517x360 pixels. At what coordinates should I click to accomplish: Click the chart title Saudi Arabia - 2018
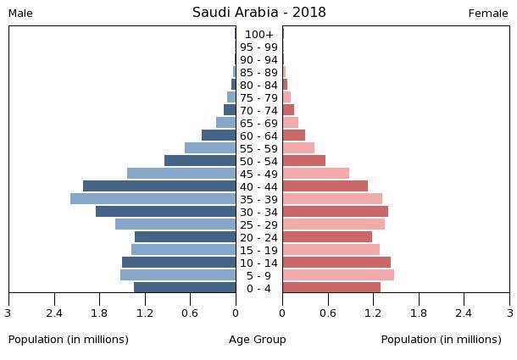point(258,13)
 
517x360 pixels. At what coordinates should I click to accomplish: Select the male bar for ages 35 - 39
point(153,199)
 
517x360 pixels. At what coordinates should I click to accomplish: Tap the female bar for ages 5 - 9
point(338,275)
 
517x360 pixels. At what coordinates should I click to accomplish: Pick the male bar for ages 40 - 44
point(159,186)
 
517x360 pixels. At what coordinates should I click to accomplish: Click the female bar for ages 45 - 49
point(315,174)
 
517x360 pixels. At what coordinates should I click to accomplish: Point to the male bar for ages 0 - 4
point(185,288)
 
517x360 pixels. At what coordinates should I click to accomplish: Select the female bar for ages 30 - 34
point(335,212)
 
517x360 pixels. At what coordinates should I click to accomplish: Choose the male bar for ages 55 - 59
point(210,148)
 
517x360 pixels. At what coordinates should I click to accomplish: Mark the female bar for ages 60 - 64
point(293,136)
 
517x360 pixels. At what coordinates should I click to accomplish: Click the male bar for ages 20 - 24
point(185,237)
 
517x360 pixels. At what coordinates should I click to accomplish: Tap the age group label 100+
point(258,35)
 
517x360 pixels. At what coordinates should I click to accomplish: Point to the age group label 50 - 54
point(258,162)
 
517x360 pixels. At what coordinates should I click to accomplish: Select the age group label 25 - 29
point(258,225)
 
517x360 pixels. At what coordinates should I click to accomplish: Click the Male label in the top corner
point(20,14)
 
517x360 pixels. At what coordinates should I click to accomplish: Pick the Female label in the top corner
point(488,14)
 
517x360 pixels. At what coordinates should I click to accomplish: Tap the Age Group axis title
point(258,340)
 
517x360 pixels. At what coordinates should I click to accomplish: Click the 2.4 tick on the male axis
point(55,313)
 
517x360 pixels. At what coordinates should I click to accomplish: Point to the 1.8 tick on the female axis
point(419,313)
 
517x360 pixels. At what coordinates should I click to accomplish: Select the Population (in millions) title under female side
point(441,340)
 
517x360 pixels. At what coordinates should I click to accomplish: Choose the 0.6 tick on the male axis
point(190,313)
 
